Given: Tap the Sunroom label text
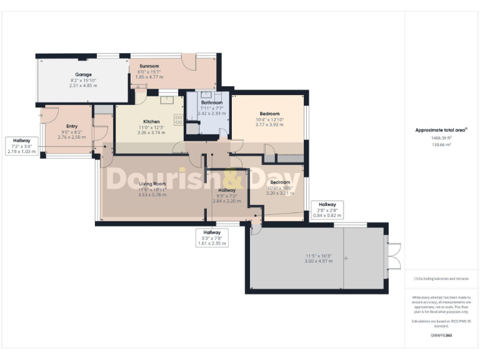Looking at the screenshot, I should (149, 66).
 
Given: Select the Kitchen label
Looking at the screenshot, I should (151, 122).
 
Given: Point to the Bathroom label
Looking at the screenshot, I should (211, 102).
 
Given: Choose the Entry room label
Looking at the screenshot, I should (71, 126).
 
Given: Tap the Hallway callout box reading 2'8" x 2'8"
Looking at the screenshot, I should (327, 210).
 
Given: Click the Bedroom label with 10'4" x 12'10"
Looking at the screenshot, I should (269, 114).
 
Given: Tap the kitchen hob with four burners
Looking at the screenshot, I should (179, 119).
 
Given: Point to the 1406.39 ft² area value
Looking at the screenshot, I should (441, 138).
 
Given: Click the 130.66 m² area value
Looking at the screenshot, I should (441, 144).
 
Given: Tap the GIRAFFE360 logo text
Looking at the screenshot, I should (441, 336).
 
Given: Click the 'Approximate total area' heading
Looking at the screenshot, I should (441, 130).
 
